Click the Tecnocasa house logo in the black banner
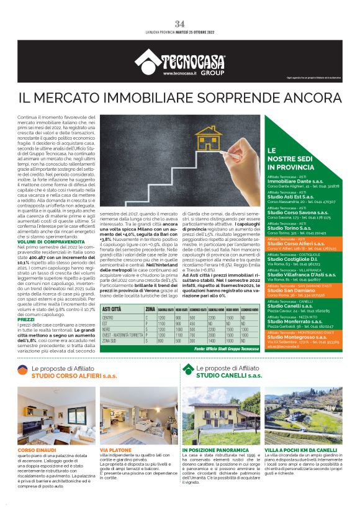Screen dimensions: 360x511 click(147, 60)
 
